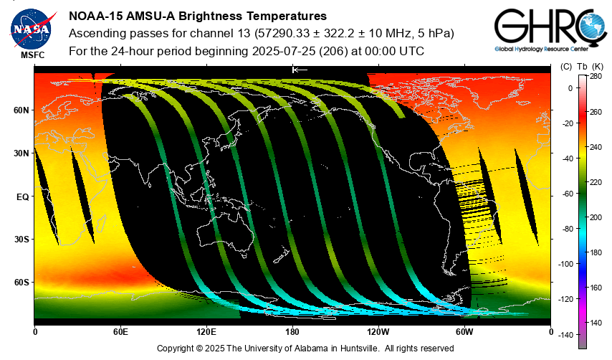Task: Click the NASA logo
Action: [32, 29]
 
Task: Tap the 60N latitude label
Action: [21, 110]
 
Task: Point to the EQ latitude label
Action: [23, 196]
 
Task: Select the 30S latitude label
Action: [21, 240]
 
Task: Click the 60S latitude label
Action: [21, 283]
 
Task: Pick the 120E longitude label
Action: [206, 332]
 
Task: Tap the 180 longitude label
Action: [292, 332]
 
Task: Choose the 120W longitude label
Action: [378, 332]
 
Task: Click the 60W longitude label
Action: [464, 332]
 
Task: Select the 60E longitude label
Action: [120, 332]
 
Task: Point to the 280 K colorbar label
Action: [596, 77]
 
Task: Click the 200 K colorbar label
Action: [596, 217]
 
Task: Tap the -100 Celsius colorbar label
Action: [565, 264]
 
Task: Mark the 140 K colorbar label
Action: [596, 323]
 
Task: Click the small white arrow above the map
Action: [300, 70]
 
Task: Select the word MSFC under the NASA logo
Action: [33, 55]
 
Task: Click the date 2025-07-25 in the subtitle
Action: [284, 51]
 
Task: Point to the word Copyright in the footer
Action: [174, 349]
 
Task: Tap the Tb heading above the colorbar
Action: [582, 67]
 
